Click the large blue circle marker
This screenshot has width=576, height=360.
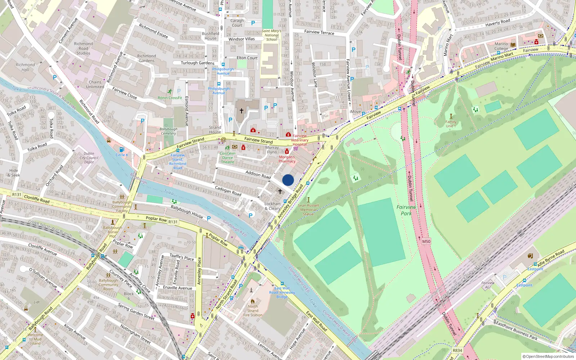point(288,180)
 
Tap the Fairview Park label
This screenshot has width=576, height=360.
point(406,210)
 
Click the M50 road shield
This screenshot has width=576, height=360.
point(426,242)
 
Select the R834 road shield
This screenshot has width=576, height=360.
point(457,350)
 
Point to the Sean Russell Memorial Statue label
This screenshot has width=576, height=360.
point(308,210)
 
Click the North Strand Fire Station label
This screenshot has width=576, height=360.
point(253,311)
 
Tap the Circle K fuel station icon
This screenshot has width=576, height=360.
point(122,149)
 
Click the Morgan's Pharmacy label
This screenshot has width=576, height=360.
point(287,159)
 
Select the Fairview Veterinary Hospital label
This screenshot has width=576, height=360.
point(300,140)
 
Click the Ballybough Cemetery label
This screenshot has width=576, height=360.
point(168,131)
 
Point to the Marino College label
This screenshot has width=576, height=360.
point(501,46)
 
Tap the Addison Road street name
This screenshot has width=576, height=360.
point(258,175)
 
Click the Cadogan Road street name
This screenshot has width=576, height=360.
point(228,191)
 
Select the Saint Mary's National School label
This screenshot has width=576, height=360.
point(271,35)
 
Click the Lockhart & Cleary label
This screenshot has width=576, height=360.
point(273,206)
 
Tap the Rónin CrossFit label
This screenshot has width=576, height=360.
point(170,98)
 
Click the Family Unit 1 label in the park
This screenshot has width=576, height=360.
point(451,124)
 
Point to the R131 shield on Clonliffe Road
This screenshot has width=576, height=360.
point(17,194)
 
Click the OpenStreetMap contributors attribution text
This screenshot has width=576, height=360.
point(548,356)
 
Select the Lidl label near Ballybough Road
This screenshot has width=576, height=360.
point(37,302)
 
